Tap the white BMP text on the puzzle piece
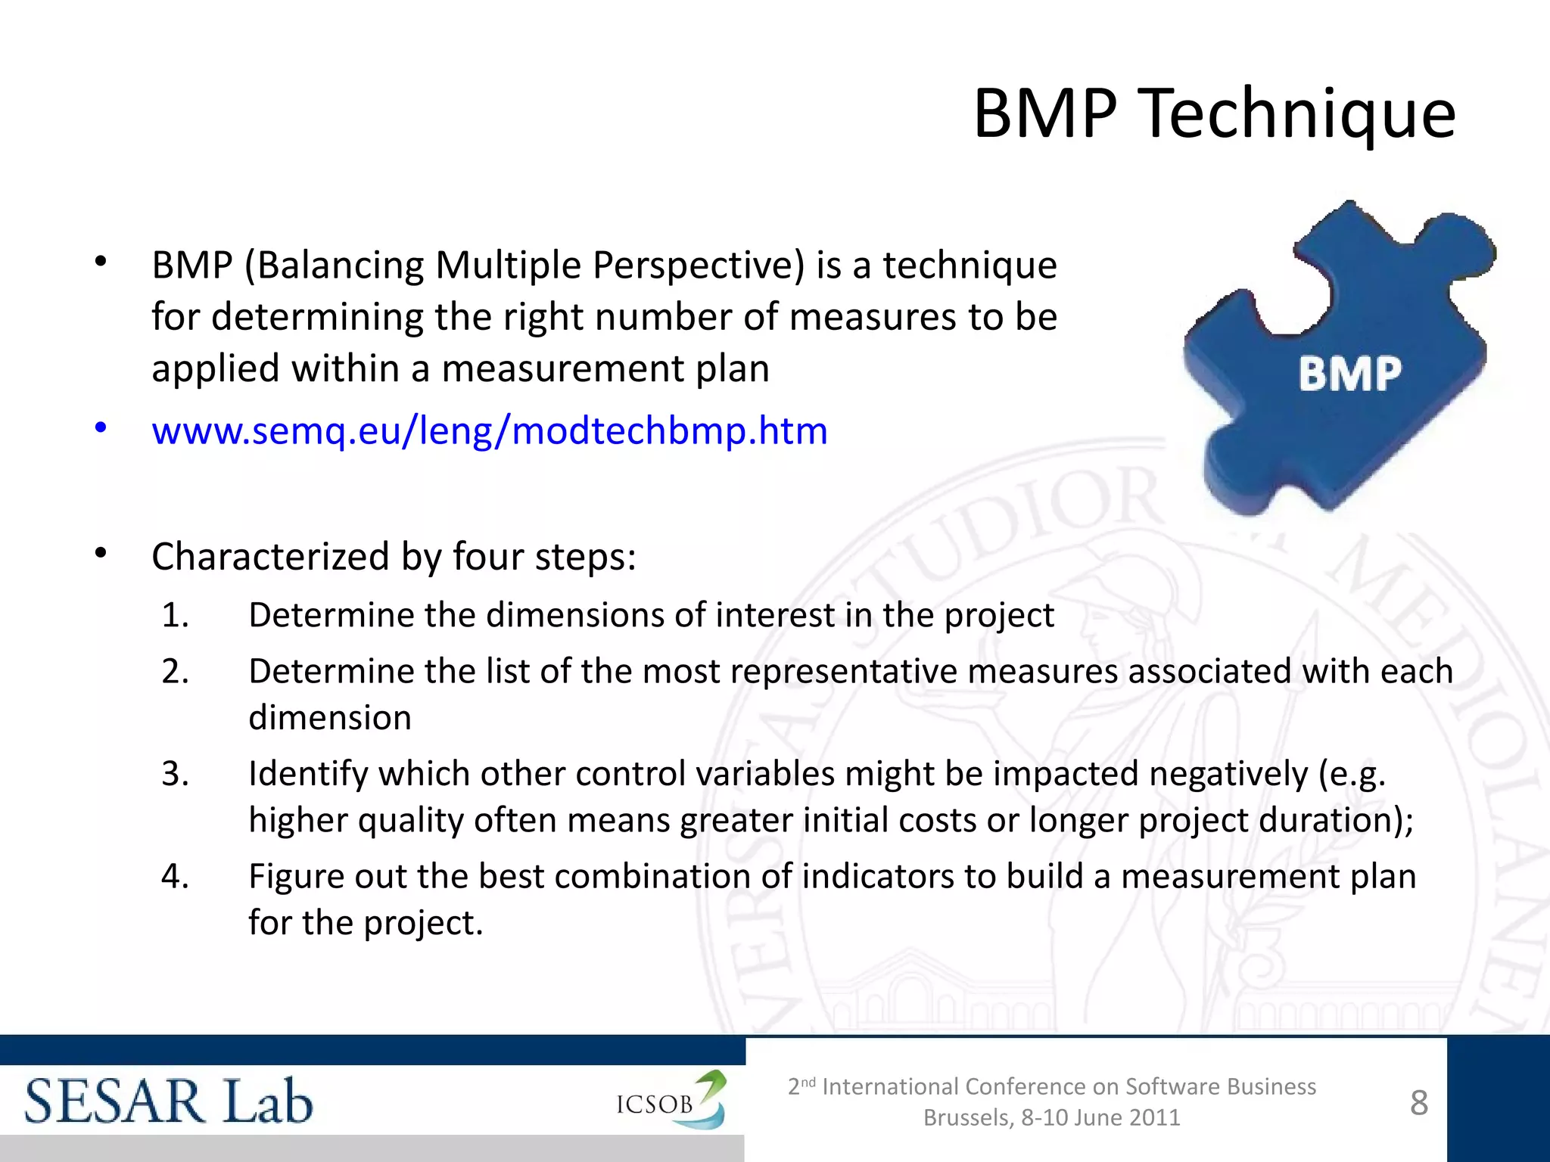point(1349,374)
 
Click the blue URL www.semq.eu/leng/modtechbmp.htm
point(489,430)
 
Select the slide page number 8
point(1419,1103)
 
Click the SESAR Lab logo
point(168,1101)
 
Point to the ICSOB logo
point(670,1101)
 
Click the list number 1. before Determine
point(175,615)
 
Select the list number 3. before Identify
point(175,774)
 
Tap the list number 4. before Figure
point(175,877)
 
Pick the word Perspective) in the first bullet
point(698,266)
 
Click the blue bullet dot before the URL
point(101,428)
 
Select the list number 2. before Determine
point(175,672)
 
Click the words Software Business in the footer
point(1220,1086)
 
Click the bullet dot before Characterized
point(101,554)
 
